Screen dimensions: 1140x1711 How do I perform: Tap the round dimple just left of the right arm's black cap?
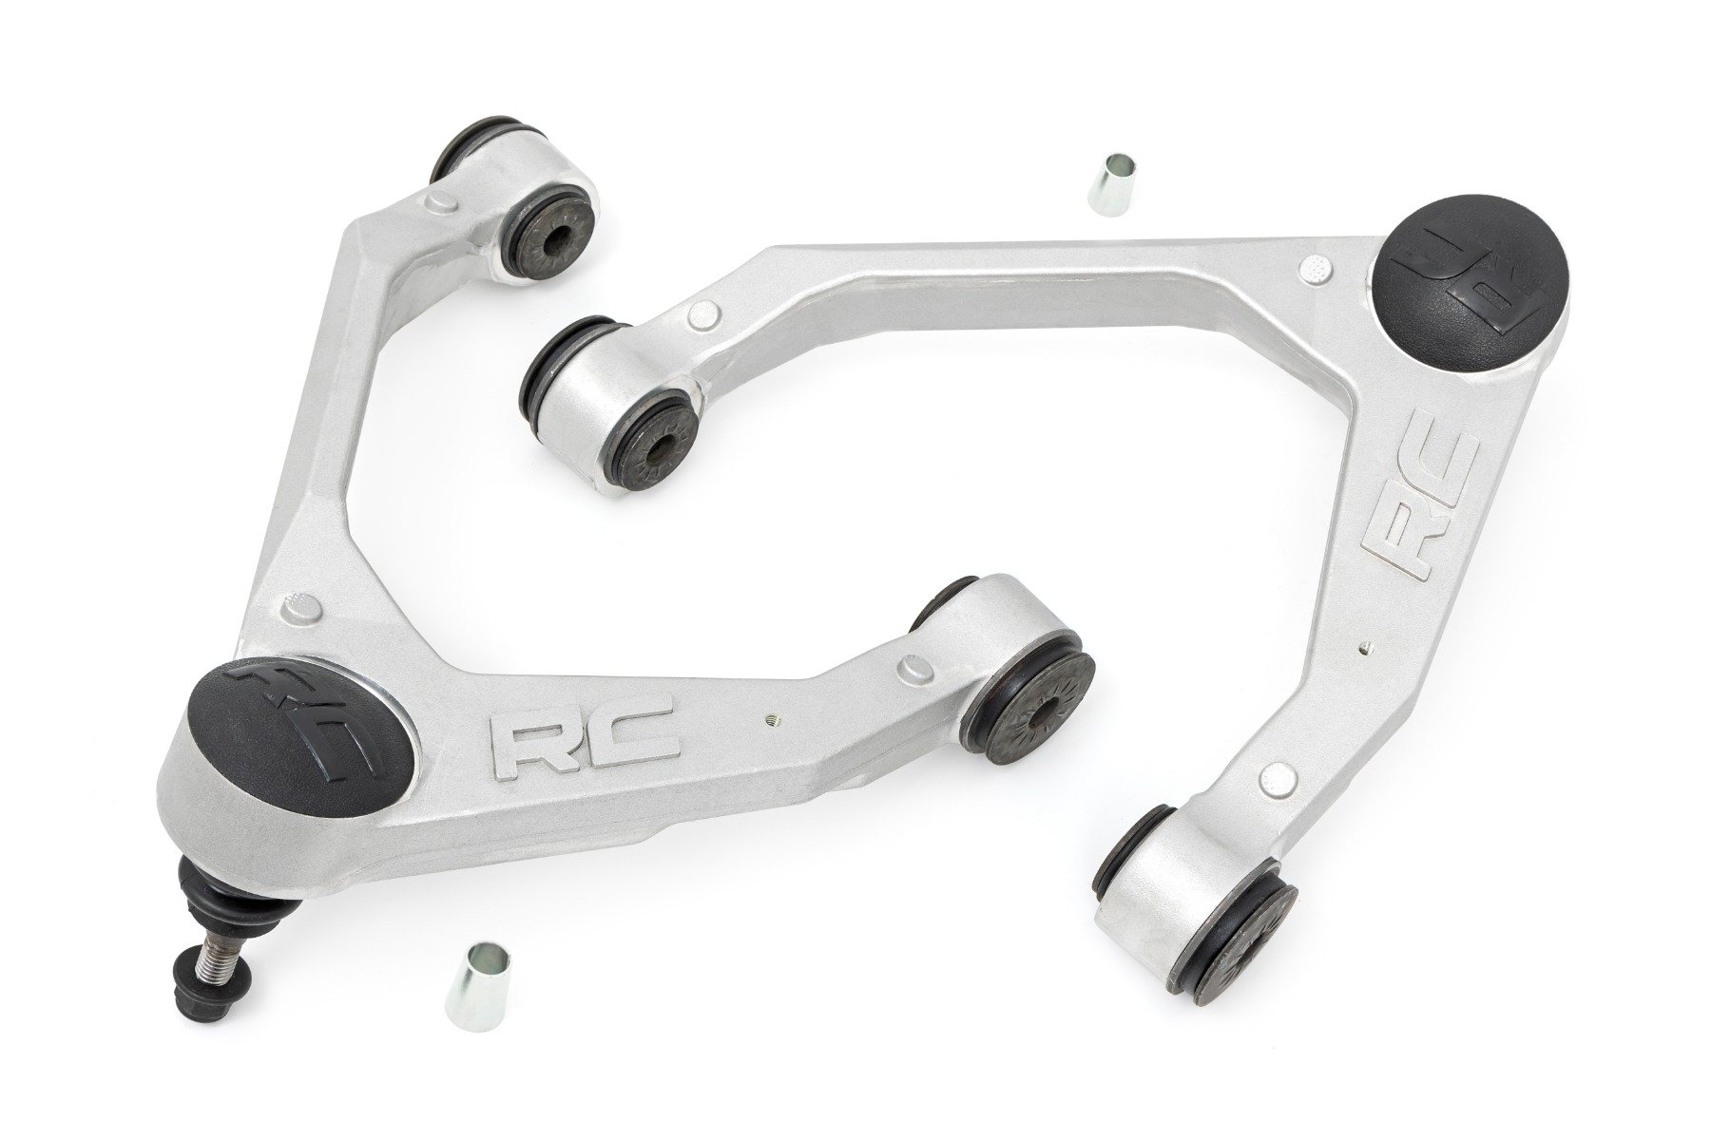point(1315,267)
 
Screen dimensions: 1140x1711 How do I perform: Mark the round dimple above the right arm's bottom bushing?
point(1274,779)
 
